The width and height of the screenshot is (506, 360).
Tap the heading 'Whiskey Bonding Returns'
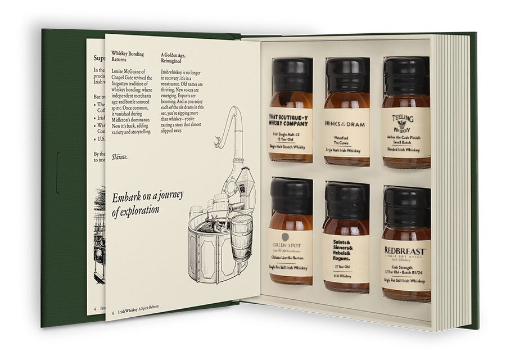(x=128, y=57)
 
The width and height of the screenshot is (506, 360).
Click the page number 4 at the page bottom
(x=94, y=309)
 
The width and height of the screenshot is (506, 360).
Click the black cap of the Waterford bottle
(x=347, y=74)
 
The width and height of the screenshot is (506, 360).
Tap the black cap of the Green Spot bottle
(x=291, y=195)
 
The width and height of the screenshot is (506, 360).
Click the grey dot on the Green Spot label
(x=285, y=237)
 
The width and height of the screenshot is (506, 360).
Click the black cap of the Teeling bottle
(x=406, y=74)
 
